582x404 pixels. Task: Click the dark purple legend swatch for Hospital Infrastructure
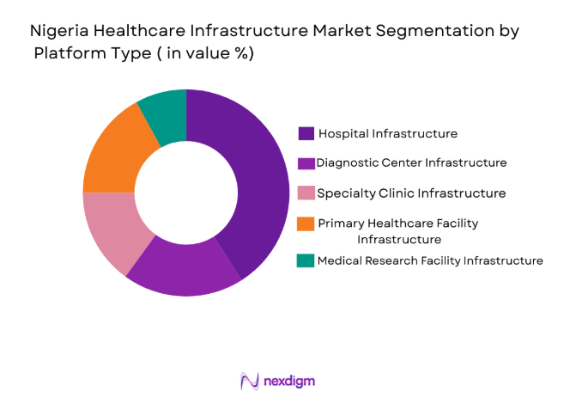tap(306, 134)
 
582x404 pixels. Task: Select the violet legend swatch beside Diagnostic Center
tap(306, 163)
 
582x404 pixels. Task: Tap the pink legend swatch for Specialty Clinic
tap(306, 193)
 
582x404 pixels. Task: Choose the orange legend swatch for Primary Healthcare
tap(306, 223)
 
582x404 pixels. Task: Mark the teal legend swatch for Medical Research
tap(306, 260)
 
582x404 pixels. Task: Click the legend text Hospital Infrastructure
tap(387, 133)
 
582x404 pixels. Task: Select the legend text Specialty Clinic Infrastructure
tap(411, 193)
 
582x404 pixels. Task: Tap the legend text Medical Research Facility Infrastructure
tap(429, 260)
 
